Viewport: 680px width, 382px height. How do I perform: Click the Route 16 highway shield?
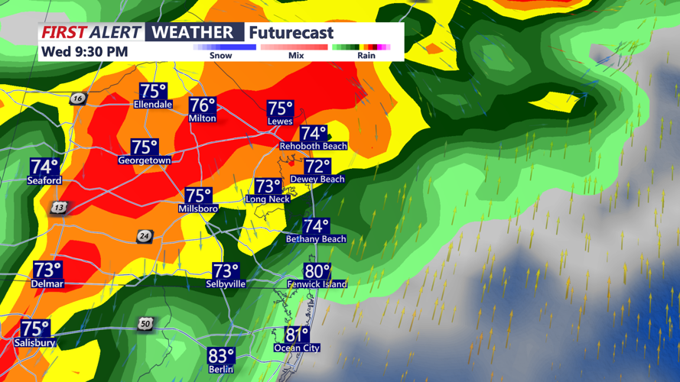tap(77, 99)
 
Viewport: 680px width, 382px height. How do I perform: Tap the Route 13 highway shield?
tap(59, 208)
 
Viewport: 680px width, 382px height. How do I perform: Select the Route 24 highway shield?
tap(144, 236)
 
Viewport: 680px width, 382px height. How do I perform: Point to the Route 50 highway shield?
tap(145, 324)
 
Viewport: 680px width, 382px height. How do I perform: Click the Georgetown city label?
tap(144, 160)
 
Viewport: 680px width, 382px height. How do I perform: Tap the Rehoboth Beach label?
tap(313, 146)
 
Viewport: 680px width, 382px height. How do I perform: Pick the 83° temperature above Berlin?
tap(221, 357)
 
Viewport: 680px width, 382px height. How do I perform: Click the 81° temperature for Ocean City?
tap(297, 335)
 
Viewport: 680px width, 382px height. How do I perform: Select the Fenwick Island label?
tap(317, 284)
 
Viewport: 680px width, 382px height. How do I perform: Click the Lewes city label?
tap(280, 121)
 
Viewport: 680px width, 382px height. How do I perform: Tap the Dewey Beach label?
tap(317, 180)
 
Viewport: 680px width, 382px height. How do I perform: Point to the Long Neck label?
tap(268, 199)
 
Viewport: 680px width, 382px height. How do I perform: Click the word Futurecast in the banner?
tap(291, 33)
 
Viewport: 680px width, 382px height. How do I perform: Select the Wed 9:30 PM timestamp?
tap(84, 52)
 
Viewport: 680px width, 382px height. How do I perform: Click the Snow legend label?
tap(220, 56)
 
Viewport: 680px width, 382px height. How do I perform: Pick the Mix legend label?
tap(296, 56)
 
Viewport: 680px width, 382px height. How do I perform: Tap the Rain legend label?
tap(366, 56)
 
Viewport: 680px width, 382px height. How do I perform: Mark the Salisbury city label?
tap(34, 343)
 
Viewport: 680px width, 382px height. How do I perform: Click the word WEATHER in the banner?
tap(193, 32)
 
